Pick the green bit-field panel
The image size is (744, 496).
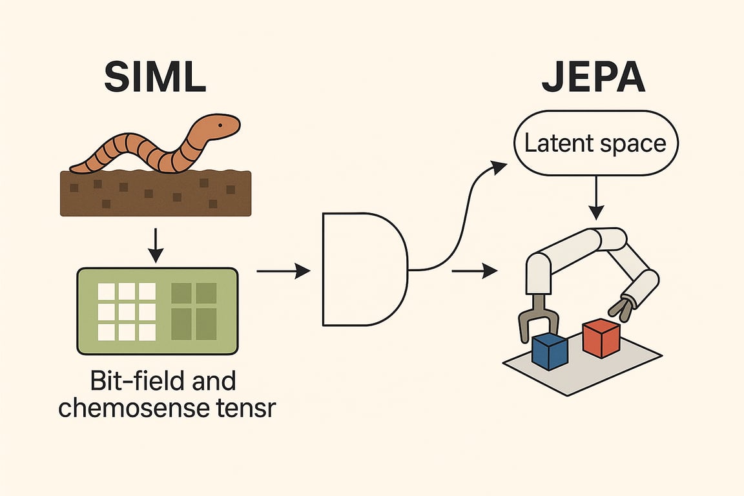tap(157, 311)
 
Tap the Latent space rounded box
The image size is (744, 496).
tap(595, 144)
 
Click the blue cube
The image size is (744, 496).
tap(549, 352)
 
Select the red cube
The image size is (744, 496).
tap(601, 338)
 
